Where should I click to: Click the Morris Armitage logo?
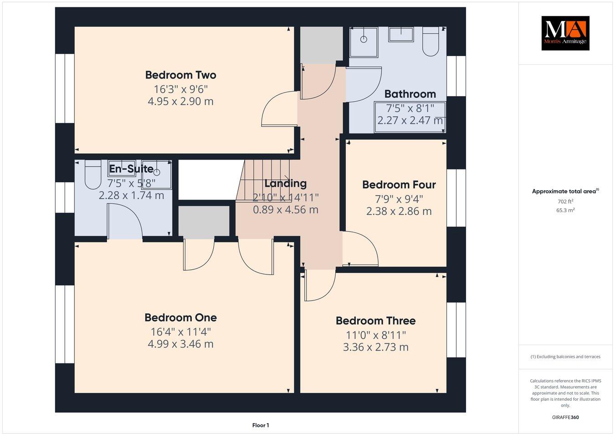(x=565, y=33)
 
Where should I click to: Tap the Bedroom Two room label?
(x=180, y=75)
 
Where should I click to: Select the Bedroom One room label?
(x=180, y=317)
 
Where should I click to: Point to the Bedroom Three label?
(x=375, y=320)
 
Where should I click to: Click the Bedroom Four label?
(x=399, y=185)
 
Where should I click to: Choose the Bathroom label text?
(x=410, y=94)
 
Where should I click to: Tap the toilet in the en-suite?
(x=93, y=175)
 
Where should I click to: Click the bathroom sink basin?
(x=401, y=34)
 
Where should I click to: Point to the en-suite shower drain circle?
(x=157, y=172)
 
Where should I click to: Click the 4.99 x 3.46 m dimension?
(x=180, y=344)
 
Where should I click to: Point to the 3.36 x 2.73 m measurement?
(x=375, y=347)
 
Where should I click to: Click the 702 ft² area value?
(x=565, y=201)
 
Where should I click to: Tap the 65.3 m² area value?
(x=565, y=210)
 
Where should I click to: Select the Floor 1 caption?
(x=261, y=425)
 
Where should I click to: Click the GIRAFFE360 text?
(x=565, y=417)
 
